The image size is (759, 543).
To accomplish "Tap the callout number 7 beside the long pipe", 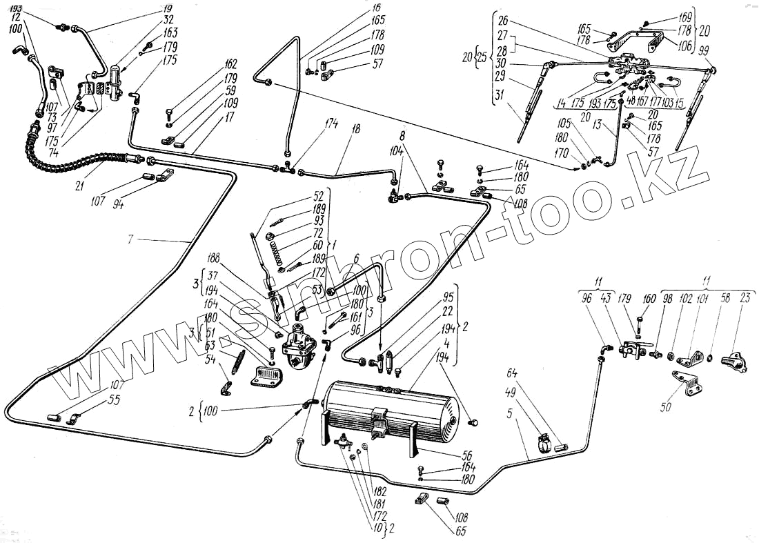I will coord(130,239).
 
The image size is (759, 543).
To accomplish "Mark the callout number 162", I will coord(230,64).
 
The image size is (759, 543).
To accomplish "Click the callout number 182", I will coord(379,491).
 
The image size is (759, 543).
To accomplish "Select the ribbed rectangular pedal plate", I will coord(267,376).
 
